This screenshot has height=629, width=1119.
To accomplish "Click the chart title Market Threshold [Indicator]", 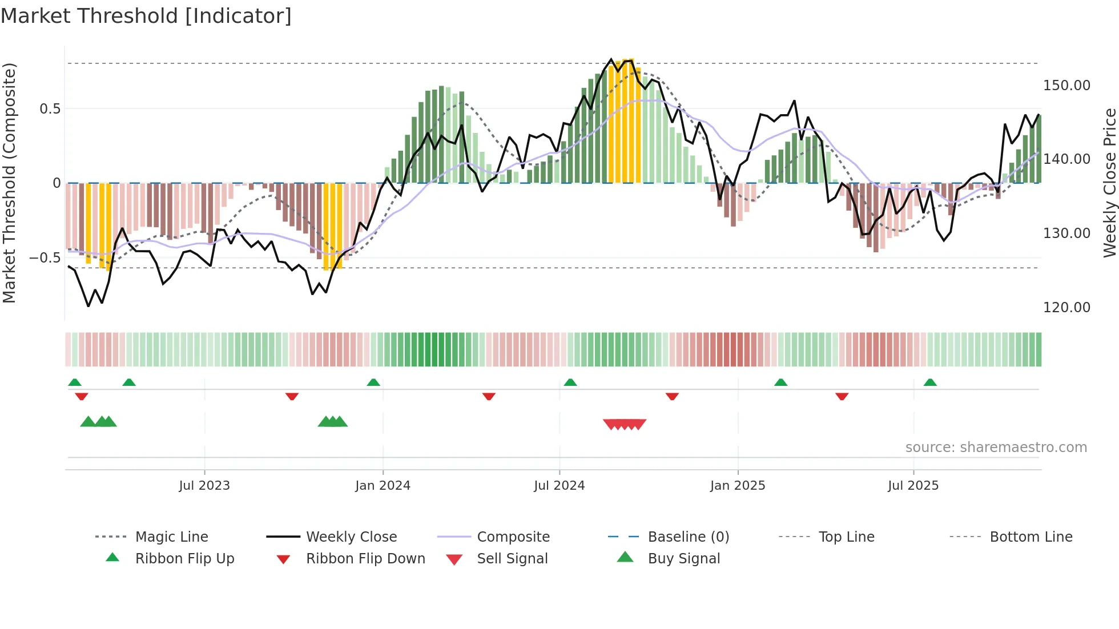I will tap(146, 16).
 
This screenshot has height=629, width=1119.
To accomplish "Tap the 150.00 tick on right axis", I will tap(1066, 86).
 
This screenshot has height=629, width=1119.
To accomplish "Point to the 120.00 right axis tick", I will tap(1066, 308).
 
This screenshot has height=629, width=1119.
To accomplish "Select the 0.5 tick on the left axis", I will tap(50, 109).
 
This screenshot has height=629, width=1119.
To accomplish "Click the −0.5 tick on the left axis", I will tap(45, 258).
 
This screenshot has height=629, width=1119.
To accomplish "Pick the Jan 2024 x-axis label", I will tap(383, 486).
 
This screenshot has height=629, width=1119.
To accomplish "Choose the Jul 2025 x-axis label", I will tap(913, 486).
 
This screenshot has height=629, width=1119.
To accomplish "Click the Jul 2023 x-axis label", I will tap(204, 486).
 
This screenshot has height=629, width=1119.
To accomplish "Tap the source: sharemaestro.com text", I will tap(996, 447).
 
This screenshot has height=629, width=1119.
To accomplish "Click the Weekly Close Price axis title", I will tap(1109, 183).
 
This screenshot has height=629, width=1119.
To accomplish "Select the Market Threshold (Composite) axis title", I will tap(9, 183).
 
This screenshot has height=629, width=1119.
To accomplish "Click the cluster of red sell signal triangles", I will tap(625, 424).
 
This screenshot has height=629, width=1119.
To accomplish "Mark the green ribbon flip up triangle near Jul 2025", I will tap(930, 382).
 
